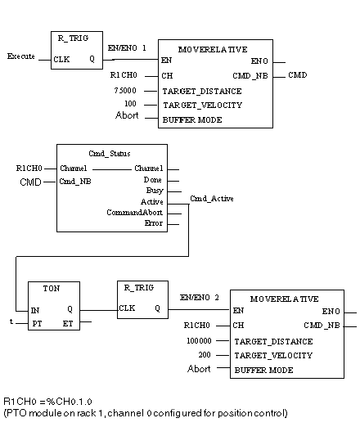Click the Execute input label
click(x=21, y=56)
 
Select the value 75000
click(x=125, y=90)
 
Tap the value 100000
click(x=199, y=340)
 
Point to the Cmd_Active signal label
click(x=212, y=199)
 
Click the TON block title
click(x=52, y=289)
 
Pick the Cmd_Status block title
click(x=110, y=154)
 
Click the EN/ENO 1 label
click(x=127, y=48)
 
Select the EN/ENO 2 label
click(x=199, y=298)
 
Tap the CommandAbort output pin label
click(x=135, y=213)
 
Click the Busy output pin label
click(x=155, y=191)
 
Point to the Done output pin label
click(x=152, y=180)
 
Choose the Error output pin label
click(x=154, y=223)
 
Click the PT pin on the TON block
click(x=37, y=324)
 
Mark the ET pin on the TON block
click(x=68, y=324)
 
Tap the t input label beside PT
click(x=11, y=321)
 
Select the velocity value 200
click(x=205, y=355)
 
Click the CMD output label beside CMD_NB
click(x=297, y=75)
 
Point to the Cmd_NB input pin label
click(x=75, y=182)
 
